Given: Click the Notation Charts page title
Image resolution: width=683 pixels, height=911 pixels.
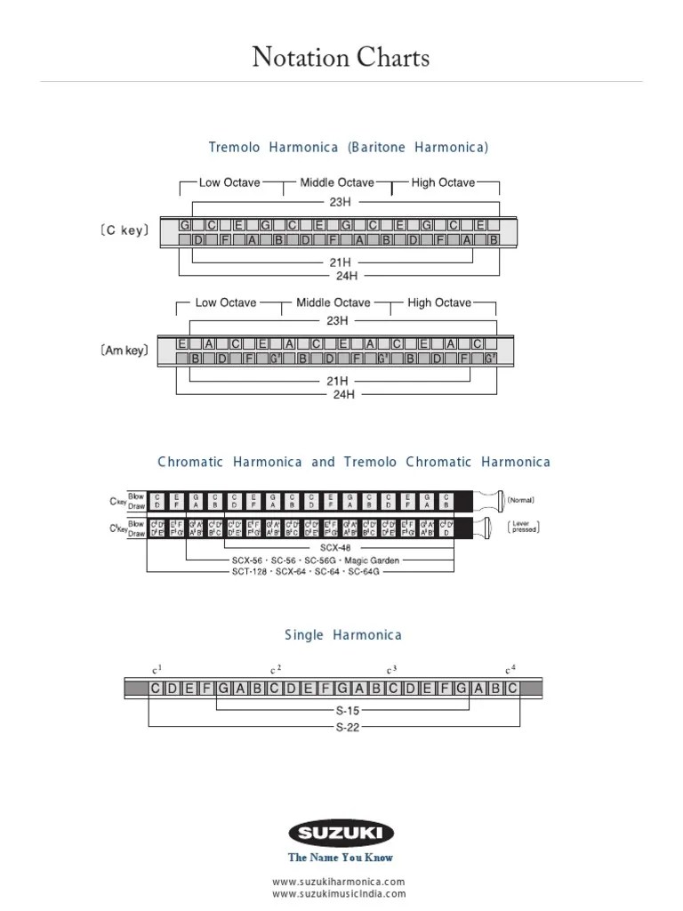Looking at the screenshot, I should (341, 58).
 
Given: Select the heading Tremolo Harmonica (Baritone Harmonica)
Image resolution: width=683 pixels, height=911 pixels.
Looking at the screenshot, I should (349, 147).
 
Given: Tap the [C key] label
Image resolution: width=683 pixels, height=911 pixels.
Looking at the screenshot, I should (125, 231).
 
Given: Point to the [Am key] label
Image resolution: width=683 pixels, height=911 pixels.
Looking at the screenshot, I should (125, 351).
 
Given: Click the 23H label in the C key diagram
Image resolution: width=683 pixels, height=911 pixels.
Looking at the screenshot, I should (340, 202).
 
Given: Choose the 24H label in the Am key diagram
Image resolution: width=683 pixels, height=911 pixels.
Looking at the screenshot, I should (343, 394).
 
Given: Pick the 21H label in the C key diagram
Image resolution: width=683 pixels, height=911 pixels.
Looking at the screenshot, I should (340, 262).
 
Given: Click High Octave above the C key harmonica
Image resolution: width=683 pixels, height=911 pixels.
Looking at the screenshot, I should (443, 182).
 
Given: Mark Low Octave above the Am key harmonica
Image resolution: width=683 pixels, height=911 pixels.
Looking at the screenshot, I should (226, 302).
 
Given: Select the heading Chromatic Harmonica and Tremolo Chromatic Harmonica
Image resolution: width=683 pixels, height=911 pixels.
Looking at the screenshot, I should (354, 462).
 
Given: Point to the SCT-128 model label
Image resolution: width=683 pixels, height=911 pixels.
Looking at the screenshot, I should (252, 571).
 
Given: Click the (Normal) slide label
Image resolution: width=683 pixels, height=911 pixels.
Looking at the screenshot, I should (521, 500).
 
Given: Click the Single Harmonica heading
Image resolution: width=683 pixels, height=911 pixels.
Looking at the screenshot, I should (343, 635).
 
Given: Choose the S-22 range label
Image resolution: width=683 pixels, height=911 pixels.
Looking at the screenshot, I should (347, 727).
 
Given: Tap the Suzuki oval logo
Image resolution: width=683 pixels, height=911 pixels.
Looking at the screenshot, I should (341, 834).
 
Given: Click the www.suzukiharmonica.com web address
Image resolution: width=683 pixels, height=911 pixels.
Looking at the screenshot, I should (339, 882).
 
